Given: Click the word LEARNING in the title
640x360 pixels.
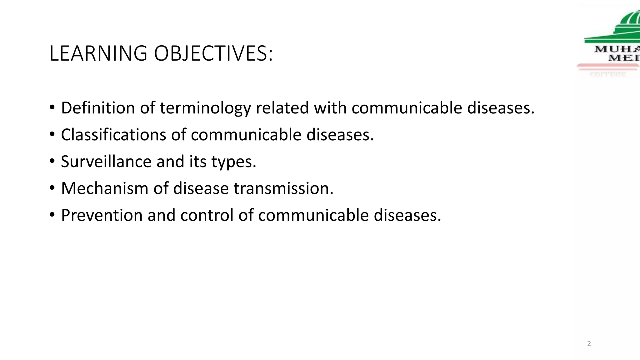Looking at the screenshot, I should [98, 53].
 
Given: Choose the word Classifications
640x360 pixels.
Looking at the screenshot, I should [113, 135].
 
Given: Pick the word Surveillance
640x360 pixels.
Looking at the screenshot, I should [106, 162].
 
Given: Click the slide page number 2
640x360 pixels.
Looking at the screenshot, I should [589, 344].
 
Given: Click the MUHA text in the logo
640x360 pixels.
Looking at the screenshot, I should [617, 49].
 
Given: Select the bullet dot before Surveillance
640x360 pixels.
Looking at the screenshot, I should [52, 161].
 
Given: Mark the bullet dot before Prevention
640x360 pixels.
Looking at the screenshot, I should [52, 215].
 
